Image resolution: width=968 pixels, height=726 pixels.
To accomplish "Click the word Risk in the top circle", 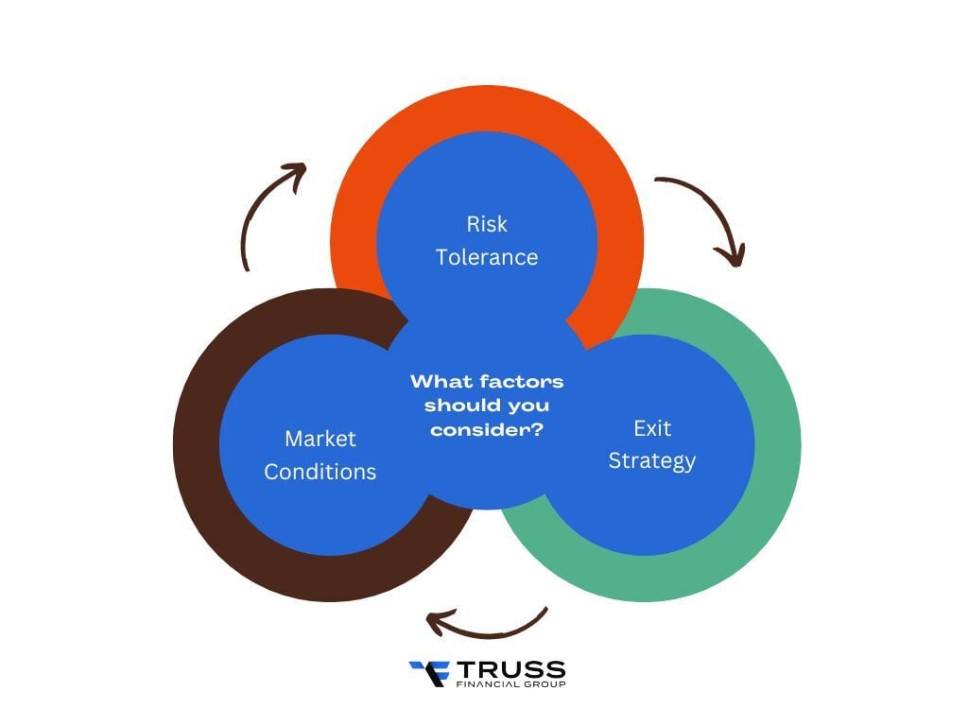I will (x=487, y=224).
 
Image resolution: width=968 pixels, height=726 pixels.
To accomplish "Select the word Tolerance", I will (x=487, y=257).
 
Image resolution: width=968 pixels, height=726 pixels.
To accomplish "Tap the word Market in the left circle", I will (x=320, y=439).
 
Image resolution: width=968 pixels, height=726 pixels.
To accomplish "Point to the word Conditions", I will (x=320, y=472).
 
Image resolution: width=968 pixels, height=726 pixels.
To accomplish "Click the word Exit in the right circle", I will (x=652, y=428).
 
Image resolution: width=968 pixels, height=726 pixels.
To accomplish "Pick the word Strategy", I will (x=652, y=460).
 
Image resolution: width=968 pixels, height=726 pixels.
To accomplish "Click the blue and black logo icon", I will (x=428, y=673).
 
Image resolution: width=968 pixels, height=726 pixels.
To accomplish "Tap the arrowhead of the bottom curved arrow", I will (x=437, y=622).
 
